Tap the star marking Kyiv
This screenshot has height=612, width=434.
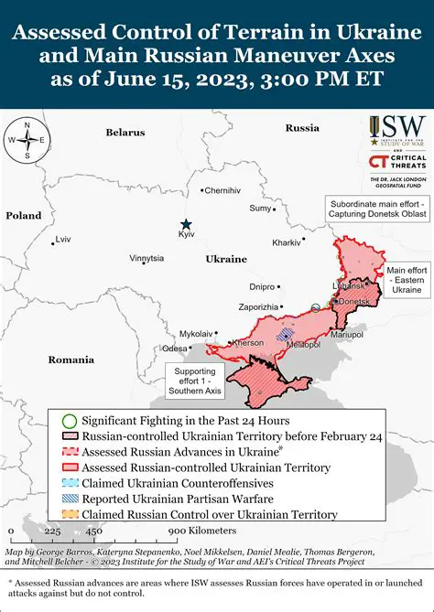pyautogui.click(x=186, y=224)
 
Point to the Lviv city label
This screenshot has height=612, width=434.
pyautogui.click(x=62, y=239)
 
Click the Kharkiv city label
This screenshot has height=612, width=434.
pyautogui.click(x=287, y=242)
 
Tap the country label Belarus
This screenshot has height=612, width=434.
pyautogui.click(x=125, y=133)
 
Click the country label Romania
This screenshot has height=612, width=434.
pyautogui.click(x=72, y=360)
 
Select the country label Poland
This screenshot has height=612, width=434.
pyautogui.click(x=24, y=216)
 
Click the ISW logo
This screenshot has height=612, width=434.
pyautogui.click(x=399, y=128)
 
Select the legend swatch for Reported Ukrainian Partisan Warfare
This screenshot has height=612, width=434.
pyautogui.click(x=69, y=498)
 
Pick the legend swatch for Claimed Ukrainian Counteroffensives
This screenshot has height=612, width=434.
pyautogui.click(x=69, y=482)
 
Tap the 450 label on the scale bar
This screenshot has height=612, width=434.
pyautogui.click(x=93, y=531)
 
